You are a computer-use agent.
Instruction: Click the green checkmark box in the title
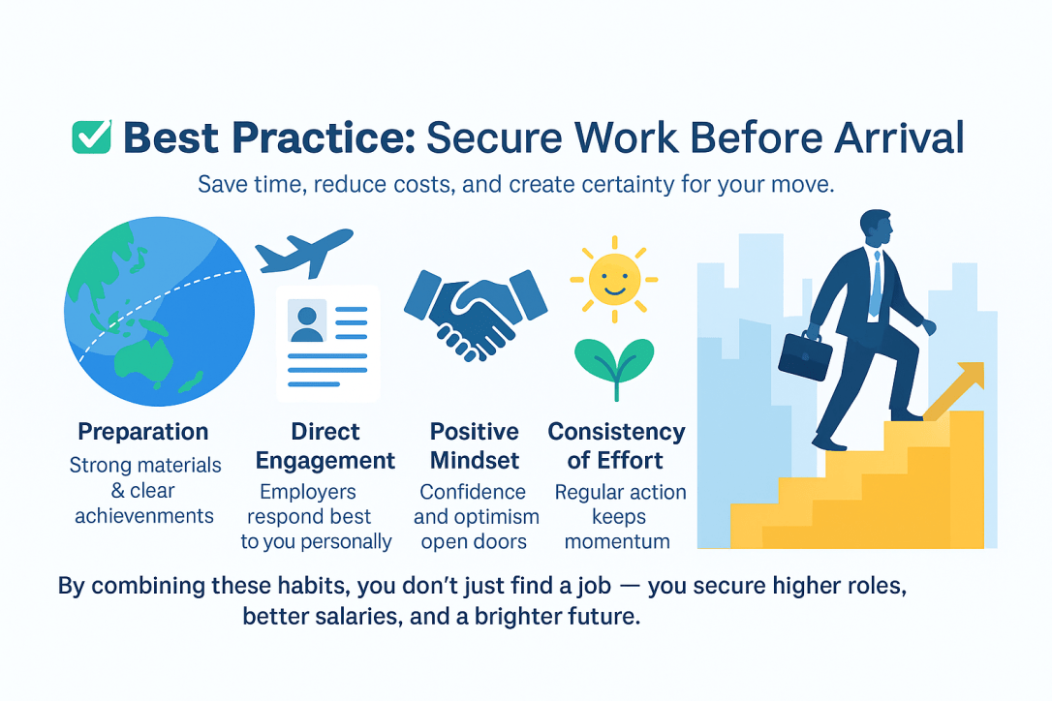[x=92, y=137]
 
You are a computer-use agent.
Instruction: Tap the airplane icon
[x=304, y=252]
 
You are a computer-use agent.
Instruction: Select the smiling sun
[x=614, y=279]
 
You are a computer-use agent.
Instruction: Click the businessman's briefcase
[x=805, y=355]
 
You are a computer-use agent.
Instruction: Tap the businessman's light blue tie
[x=876, y=285]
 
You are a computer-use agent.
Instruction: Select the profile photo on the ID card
[x=307, y=320]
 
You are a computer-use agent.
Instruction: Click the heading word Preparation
[x=143, y=432]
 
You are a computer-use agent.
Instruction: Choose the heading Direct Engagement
[x=325, y=446]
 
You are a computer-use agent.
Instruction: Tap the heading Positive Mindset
[x=475, y=446]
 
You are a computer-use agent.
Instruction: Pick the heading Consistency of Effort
[x=617, y=446]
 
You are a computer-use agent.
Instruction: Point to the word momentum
[x=617, y=541]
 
